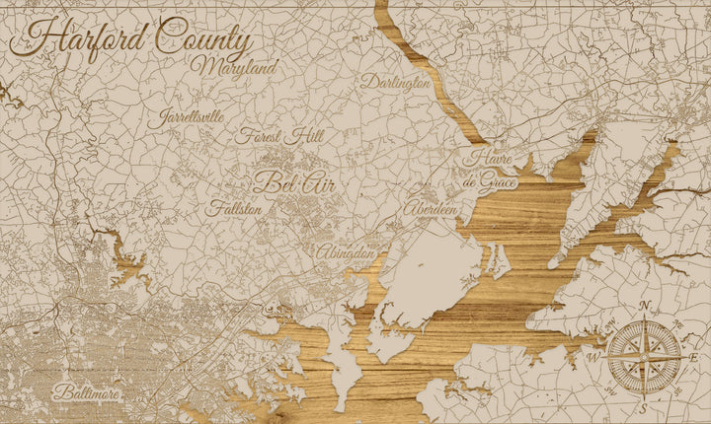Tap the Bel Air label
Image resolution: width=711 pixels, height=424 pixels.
pyautogui.click(x=287, y=181)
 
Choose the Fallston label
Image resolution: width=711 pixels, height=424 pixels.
pyautogui.click(x=235, y=209)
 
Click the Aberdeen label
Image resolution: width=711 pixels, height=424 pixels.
pyautogui.click(x=431, y=210)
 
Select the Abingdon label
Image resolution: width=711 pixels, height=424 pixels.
pyautogui.click(x=346, y=253)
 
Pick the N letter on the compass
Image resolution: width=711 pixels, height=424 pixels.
pyautogui.click(x=645, y=306)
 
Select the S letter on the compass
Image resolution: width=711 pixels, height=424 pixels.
pyautogui.click(x=643, y=406)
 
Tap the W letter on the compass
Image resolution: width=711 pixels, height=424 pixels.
pyautogui.click(x=593, y=357)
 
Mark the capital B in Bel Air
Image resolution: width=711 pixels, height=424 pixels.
pyautogui.click(x=264, y=181)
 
